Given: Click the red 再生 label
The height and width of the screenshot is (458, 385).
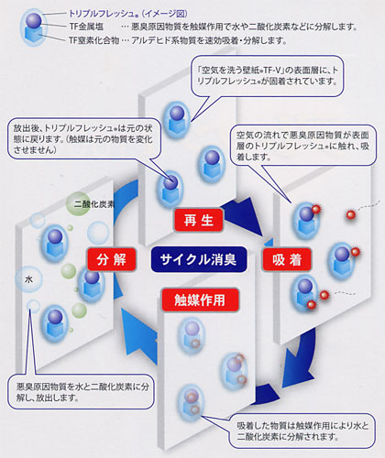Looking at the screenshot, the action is tap(198, 220).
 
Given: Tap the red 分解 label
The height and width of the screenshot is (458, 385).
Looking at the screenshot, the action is tap(111, 259).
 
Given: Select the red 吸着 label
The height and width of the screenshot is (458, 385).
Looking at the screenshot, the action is tap(287, 259).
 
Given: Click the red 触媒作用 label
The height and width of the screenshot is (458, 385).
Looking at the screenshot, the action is tap(200, 300).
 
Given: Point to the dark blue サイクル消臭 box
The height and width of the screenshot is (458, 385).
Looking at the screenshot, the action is tap(199, 259).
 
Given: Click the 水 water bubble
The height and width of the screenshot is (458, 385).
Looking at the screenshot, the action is tap(28, 278).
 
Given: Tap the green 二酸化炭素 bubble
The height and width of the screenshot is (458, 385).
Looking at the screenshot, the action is tap(79, 203).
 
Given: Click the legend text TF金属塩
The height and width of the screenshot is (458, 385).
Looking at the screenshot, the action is tap(86, 27).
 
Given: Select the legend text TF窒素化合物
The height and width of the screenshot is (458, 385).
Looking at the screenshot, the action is tap(93, 40).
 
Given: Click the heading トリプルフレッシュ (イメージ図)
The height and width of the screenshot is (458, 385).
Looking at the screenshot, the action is tap(128, 14).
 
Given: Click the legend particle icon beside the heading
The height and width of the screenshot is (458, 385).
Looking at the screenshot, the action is tap(34, 27).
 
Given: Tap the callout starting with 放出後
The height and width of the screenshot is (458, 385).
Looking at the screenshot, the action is tap(83, 138).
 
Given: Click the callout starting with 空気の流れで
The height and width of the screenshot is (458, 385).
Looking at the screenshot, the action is tap(302, 146).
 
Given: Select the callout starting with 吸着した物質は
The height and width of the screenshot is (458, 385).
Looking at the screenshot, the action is tap(302, 431).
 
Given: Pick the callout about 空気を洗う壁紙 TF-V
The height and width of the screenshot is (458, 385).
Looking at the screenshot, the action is tap(268, 76).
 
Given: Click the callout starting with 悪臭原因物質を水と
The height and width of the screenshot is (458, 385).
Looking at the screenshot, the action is tap(81, 392).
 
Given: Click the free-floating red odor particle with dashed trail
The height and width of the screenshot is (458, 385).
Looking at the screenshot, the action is tap(351, 214).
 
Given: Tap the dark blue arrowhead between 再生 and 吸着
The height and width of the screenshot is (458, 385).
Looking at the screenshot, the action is tap(245, 218).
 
